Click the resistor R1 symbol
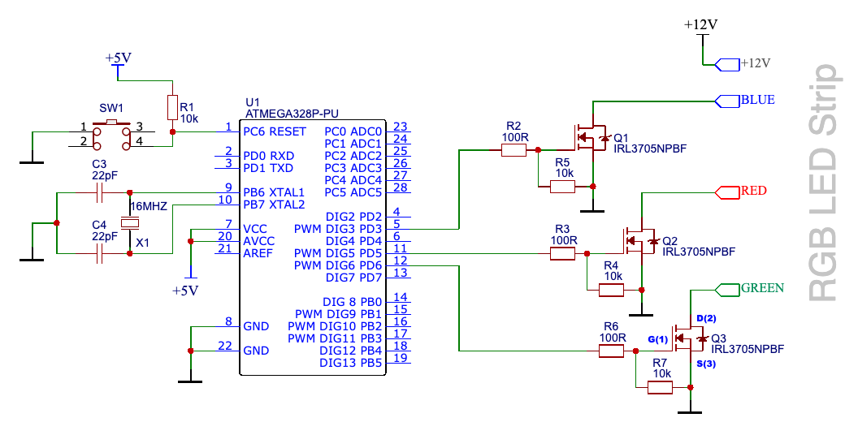172,107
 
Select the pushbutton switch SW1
112,136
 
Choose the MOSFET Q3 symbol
687,338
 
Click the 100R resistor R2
513,149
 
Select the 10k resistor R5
562,187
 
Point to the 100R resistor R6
611,351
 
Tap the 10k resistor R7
660,388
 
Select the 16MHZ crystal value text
149,206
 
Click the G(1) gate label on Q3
656,338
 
